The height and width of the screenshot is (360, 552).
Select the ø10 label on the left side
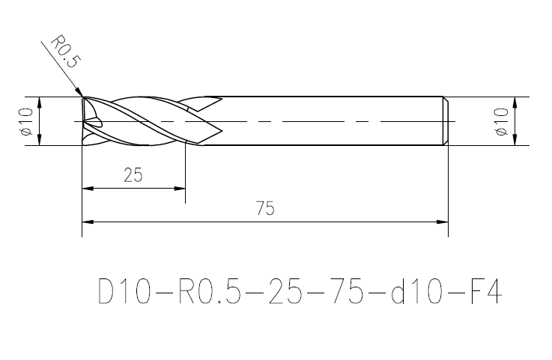(26, 121)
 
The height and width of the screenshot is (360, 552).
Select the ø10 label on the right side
(501, 121)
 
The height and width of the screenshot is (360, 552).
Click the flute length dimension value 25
(133, 175)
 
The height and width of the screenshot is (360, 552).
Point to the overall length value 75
(265, 208)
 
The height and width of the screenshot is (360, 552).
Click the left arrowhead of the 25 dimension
(88, 189)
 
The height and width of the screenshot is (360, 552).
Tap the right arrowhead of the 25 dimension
(180, 189)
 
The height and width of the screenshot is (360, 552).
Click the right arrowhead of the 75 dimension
(442, 222)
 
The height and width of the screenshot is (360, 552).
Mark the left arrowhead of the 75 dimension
(88, 222)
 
